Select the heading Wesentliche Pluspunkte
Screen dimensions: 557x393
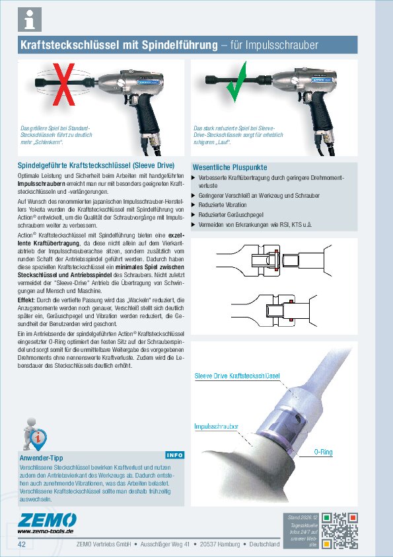click(x=230, y=167)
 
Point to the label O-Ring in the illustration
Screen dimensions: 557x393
click(x=323, y=451)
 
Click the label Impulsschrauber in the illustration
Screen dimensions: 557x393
click(x=216, y=427)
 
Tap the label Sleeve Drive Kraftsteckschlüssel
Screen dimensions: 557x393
click(x=237, y=376)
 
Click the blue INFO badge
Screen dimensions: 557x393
click(x=174, y=455)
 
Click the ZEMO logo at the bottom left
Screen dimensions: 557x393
click(x=47, y=519)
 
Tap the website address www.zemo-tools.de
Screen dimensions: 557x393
click(x=46, y=531)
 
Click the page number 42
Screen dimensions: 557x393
click(x=22, y=544)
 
